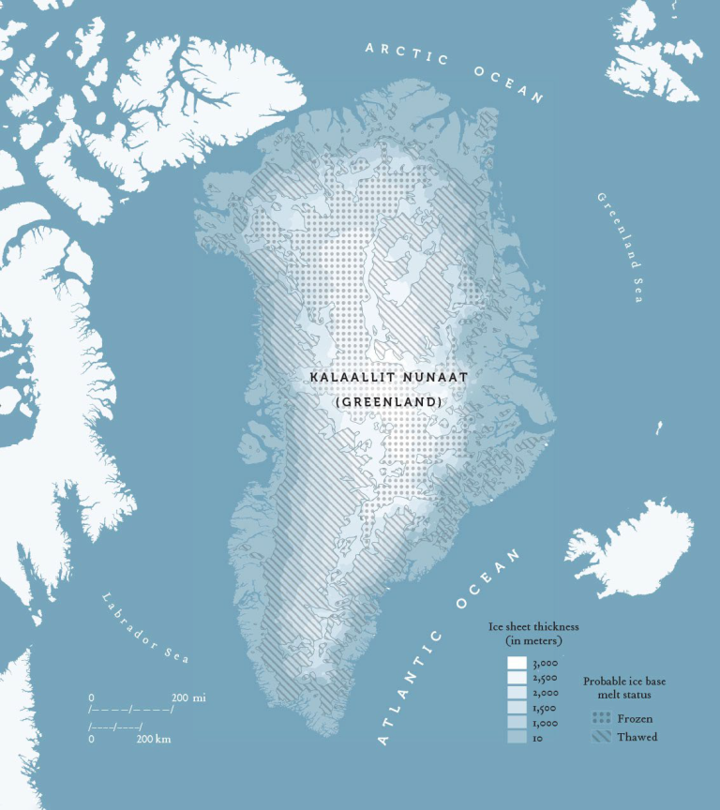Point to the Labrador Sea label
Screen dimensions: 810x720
point(146,627)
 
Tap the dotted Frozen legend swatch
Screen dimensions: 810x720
point(601,718)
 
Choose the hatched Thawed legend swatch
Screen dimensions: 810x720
point(601,737)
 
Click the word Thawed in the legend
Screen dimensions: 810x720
point(637,737)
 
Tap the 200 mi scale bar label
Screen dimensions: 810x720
point(188,698)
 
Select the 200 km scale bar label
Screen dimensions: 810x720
point(154,740)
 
